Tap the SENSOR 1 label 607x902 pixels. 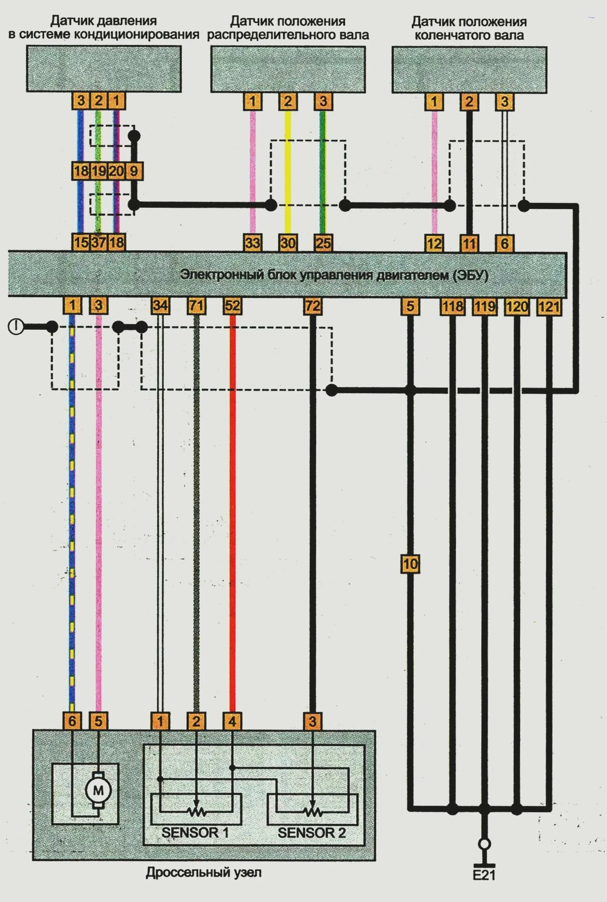195,832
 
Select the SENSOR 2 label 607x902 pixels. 312,832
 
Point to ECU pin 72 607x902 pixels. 312,306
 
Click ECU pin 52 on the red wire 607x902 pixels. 232,306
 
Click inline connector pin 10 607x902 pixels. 410,564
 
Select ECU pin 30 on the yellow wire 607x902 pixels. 288,243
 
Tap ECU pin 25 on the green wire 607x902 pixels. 323,243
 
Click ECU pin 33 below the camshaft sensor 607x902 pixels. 253,243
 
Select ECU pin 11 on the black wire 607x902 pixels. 469,244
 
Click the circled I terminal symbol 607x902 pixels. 15,327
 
